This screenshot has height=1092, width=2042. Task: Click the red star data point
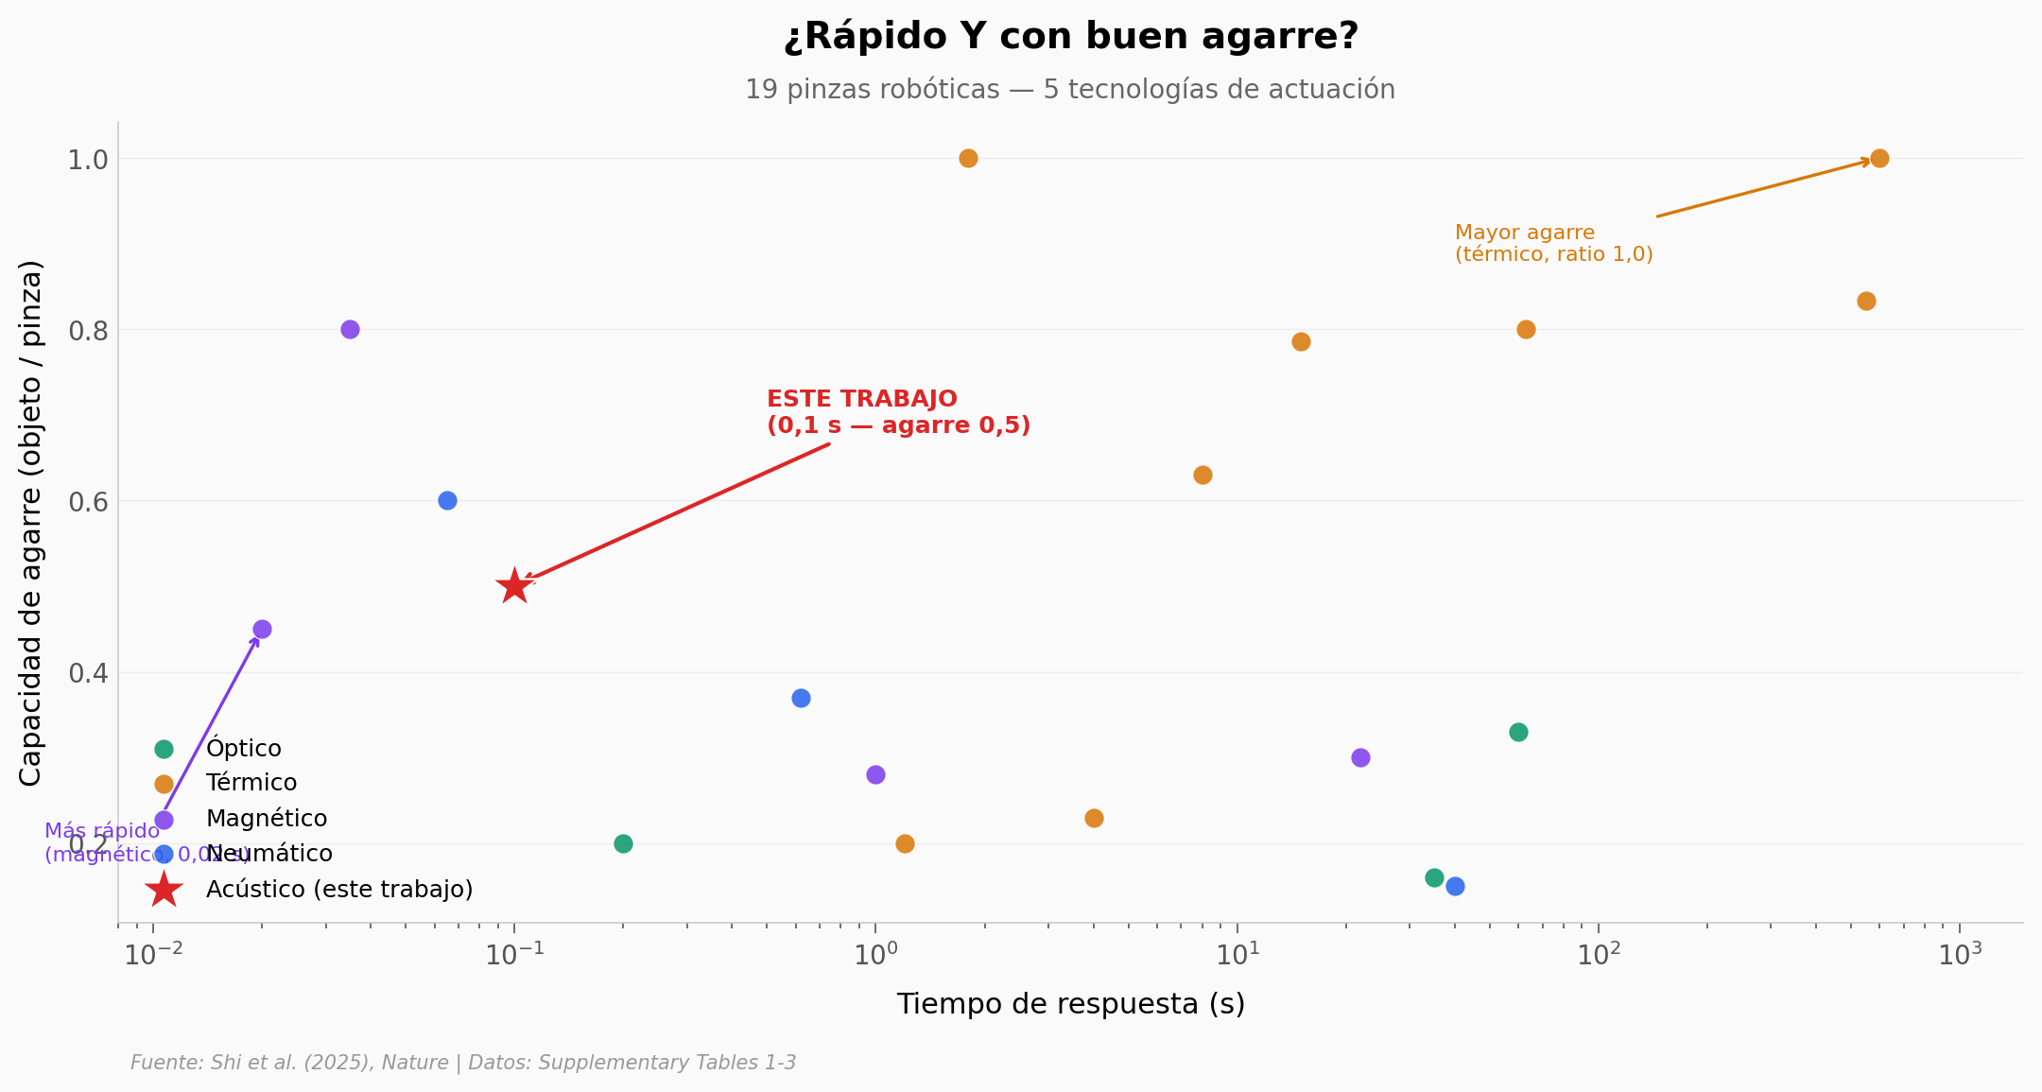(513, 586)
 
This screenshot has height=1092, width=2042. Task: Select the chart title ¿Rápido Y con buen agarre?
(1070, 37)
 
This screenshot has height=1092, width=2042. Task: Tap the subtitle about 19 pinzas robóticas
(1069, 90)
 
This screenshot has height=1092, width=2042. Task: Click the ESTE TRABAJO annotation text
(897, 412)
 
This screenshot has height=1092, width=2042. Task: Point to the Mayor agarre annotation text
(1552, 244)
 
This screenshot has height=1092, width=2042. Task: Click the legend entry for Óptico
(243, 749)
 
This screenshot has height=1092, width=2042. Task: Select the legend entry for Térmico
(251, 784)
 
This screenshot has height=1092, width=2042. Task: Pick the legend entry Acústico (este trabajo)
(338, 890)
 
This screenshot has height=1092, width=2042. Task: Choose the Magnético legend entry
(266, 819)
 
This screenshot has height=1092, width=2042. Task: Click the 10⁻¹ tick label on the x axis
(514, 955)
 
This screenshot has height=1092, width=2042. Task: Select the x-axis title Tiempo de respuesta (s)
(1070, 1004)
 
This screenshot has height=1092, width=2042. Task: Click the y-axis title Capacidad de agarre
(31, 523)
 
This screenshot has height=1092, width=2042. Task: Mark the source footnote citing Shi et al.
(463, 1063)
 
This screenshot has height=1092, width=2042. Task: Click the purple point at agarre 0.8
(350, 329)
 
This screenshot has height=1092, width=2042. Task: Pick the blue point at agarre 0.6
(447, 500)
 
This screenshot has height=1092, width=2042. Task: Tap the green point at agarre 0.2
(623, 843)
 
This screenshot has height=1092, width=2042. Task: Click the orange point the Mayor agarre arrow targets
(1879, 158)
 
